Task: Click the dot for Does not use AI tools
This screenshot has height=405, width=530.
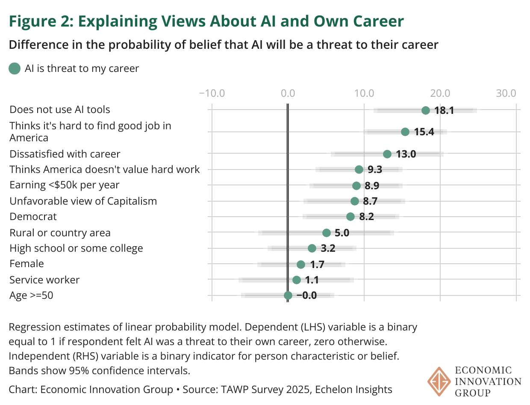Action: tap(425, 110)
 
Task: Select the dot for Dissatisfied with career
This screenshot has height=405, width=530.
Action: tap(387, 154)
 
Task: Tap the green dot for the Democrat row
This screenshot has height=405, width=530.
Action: tap(350, 217)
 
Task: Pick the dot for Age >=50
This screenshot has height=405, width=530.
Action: tap(288, 295)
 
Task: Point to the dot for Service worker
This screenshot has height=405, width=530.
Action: tap(296, 280)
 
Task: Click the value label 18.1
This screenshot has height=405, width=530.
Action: tap(444, 110)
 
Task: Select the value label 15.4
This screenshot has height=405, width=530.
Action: tap(424, 132)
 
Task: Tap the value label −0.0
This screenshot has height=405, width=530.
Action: tap(306, 295)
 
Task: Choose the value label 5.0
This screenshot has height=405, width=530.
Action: tap(342, 233)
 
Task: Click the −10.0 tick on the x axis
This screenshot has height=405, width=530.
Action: tap(212, 93)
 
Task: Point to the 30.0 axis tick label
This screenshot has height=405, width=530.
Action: tap(506, 93)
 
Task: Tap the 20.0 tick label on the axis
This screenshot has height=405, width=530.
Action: tap(440, 93)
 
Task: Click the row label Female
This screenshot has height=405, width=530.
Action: tap(26, 264)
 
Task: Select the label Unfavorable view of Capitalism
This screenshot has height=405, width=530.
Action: tap(83, 201)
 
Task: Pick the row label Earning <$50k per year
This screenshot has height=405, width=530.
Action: tap(65, 185)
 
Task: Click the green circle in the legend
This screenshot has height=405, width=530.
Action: tap(15, 68)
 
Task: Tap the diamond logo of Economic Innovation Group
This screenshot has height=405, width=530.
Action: tap(438, 381)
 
